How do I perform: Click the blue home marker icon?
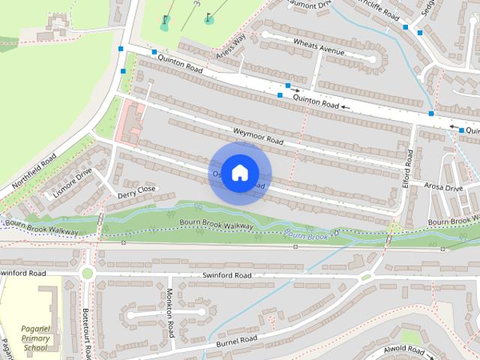[x=239, y=172]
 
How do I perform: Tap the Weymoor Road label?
[x=258, y=135]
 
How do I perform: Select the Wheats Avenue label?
[x=319, y=46]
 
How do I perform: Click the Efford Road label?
[x=409, y=167]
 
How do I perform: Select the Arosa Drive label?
[x=443, y=187]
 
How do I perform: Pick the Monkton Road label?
[x=170, y=313]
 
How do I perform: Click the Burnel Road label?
[x=238, y=340]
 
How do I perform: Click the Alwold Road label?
[x=403, y=350]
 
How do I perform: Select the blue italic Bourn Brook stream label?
[x=308, y=235]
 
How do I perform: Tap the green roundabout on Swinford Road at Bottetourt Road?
[x=88, y=274]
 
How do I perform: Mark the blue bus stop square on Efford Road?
[x=430, y=113]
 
